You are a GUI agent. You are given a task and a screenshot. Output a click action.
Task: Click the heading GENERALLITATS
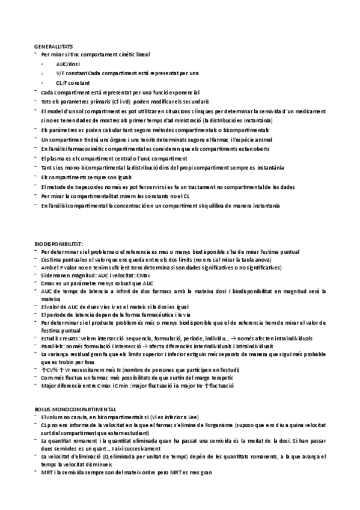click(54, 46)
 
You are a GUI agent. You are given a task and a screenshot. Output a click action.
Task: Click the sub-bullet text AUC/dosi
click(68, 64)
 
